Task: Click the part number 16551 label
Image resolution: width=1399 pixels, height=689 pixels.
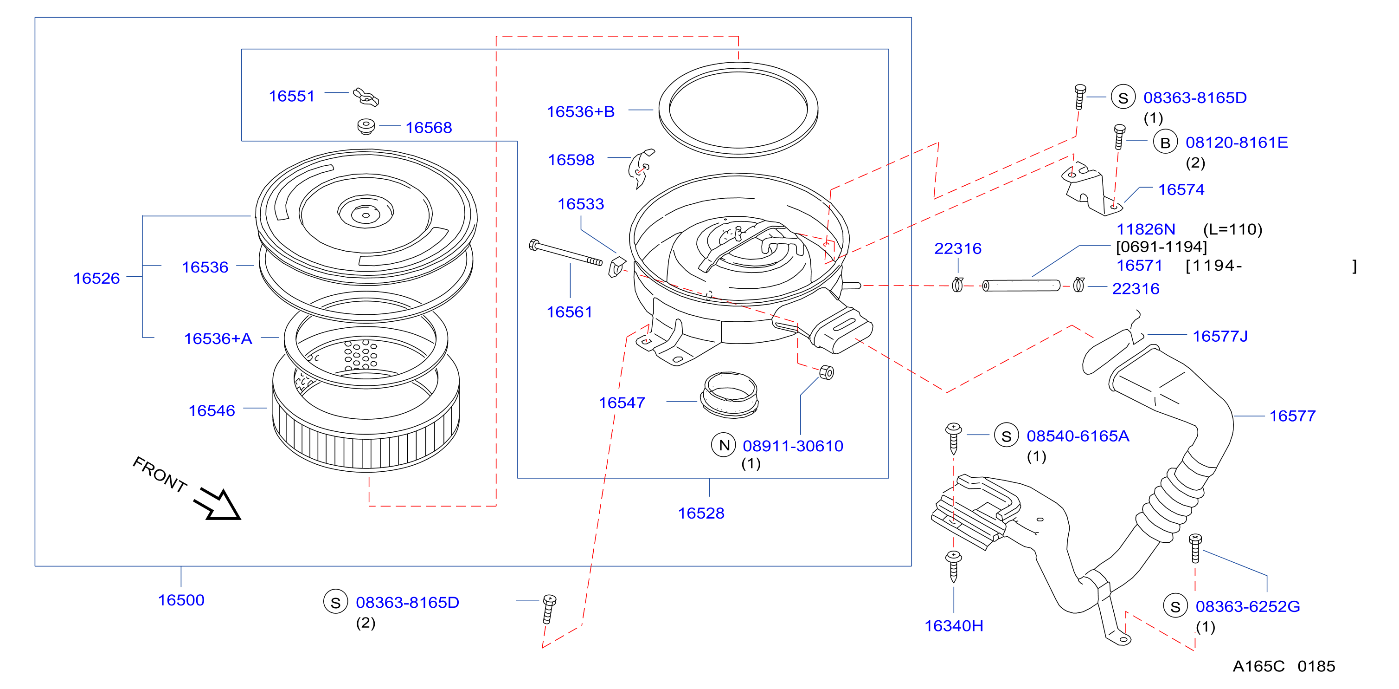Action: [x=292, y=96]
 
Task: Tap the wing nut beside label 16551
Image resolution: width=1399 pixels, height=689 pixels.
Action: [x=366, y=97]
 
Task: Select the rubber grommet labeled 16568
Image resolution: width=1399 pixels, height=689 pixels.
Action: [x=366, y=126]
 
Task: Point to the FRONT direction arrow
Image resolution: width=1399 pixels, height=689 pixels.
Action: [x=217, y=503]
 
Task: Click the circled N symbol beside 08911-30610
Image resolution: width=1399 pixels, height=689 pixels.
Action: [x=724, y=445]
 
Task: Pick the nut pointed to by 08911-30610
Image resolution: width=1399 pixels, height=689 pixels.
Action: [x=826, y=372]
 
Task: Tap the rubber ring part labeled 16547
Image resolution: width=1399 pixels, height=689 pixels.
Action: [x=729, y=395]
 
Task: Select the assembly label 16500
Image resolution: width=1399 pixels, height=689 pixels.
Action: [x=181, y=600]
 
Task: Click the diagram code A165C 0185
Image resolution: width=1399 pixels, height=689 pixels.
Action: [x=1284, y=666]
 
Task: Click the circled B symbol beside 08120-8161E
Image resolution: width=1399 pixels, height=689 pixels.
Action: [x=1165, y=143]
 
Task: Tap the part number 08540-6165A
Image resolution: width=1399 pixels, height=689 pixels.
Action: [x=1078, y=436]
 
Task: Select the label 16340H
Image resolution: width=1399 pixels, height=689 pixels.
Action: [x=954, y=626]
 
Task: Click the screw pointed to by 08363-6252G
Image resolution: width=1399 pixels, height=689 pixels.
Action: [x=1195, y=548]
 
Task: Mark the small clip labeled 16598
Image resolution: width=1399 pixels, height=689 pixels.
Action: [x=642, y=168]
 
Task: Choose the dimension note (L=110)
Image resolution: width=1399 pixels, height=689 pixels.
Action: [x=1233, y=229]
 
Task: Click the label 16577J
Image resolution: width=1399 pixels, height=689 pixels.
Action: [x=1220, y=336]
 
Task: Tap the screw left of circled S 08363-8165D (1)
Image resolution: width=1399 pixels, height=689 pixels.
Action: [x=1080, y=97]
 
